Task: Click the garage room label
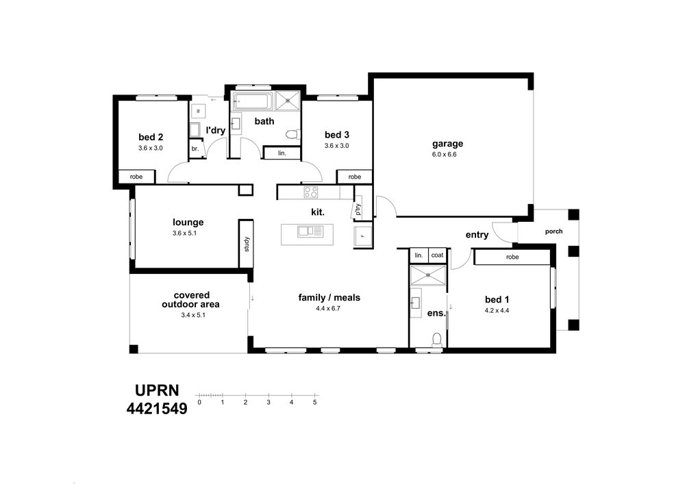point(447,144)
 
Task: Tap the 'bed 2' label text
point(151,137)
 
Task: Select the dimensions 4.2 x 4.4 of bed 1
point(497,311)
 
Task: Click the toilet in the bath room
point(292,134)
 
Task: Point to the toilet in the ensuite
point(436,340)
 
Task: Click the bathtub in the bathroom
point(253,102)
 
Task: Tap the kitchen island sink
point(310,231)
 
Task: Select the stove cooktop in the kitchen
point(311,192)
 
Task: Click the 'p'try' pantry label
point(359,209)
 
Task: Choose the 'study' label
point(247,244)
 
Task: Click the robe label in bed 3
point(355,177)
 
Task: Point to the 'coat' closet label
point(437,255)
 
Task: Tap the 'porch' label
point(554,231)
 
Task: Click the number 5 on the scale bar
point(314,403)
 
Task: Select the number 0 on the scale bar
point(199,403)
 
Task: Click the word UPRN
point(157,390)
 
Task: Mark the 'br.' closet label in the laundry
point(195,149)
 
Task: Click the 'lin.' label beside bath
point(282,153)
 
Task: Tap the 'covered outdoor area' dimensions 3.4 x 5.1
point(192,315)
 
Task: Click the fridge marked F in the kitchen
point(362,237)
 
